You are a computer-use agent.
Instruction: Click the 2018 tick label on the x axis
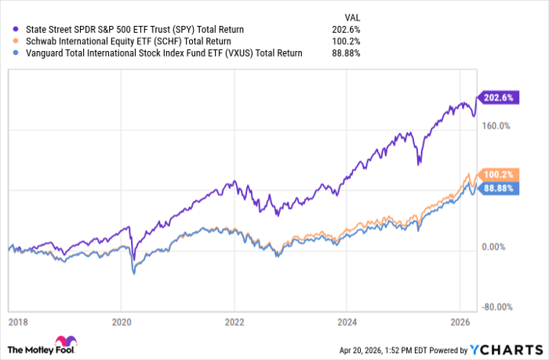tap(19, 322)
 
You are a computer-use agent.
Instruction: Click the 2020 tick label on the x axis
tap(121, 322)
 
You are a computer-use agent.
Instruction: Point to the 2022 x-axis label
tap(235, 322)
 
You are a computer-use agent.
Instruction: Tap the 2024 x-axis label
tap(348, 322)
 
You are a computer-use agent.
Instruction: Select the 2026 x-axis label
tap(461, 322)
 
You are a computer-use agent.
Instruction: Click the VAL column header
tap(353, 16)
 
